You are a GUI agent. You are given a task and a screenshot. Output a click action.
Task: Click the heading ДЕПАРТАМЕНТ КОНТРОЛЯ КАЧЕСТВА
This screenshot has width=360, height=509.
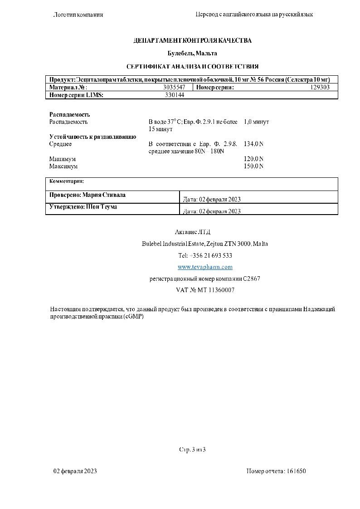192,41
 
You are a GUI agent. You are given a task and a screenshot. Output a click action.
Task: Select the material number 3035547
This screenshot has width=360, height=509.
174,88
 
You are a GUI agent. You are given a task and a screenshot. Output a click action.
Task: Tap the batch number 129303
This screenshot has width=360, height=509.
320,88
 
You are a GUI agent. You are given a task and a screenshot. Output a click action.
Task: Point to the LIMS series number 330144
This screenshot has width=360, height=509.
174,95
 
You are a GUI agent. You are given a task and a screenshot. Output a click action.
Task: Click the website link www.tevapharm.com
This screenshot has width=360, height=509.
205,267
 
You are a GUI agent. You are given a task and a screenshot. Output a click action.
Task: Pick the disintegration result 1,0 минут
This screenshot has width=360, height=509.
256,122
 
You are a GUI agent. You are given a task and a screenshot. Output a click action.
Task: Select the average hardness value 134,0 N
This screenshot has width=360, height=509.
253,144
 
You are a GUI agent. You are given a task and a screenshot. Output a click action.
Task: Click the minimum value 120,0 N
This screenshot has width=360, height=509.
253,159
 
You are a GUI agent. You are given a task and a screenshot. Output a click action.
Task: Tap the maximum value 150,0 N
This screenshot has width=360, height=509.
253,166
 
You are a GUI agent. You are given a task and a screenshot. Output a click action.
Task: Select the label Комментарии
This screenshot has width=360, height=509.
67,181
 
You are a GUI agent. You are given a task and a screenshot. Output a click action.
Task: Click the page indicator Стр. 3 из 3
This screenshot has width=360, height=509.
192,450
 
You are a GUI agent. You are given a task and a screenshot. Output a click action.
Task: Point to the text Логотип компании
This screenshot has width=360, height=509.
78,15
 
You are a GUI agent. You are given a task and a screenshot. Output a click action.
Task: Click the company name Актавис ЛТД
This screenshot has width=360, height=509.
192,232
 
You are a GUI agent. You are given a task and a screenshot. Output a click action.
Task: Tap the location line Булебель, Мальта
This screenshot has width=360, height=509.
192,54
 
